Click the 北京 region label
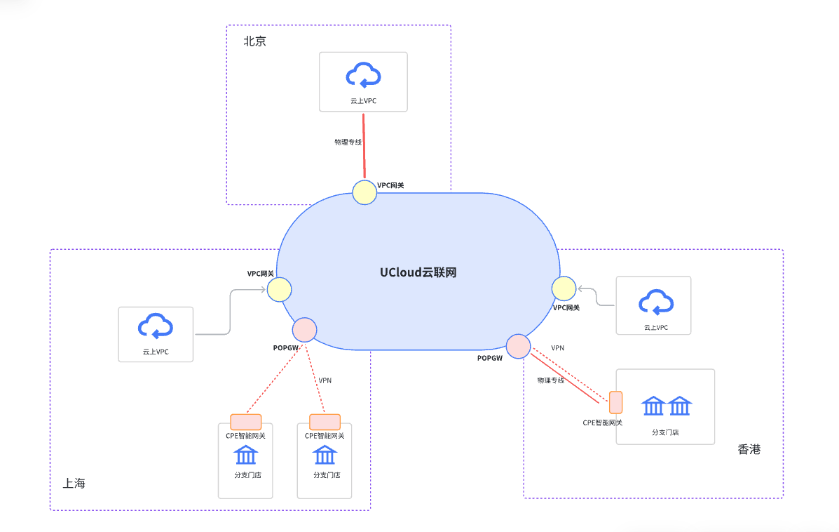tap(254, 41)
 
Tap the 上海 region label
tap(74, 484)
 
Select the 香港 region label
tap(749, 450)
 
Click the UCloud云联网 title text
tap(418, 272)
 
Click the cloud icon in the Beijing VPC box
tap(363, 76)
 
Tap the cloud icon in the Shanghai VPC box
tap(156, 326)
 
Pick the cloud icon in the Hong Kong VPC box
tap(655, 302)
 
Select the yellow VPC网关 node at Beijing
tap(364, 192)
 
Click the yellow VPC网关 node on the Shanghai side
tap(279, 289)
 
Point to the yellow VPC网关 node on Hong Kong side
tap(564, 288)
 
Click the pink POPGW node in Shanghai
tap(304, 329)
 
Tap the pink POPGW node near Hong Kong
tap(518, 346)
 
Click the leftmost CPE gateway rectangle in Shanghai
tap(245, 422)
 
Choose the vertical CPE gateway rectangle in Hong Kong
tap(615, 402)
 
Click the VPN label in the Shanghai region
tap(325, 380)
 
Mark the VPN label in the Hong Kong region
tap(557, 348)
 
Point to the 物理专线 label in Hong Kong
tap(550, 380)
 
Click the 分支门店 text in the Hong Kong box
tap(665, 432)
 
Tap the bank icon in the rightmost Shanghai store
tap(325, 455)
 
